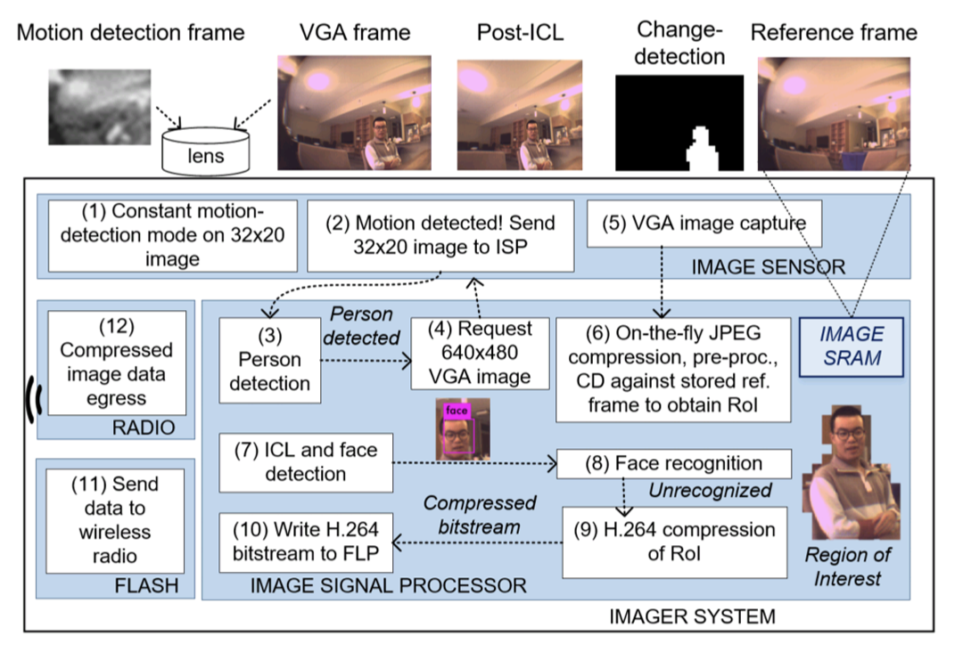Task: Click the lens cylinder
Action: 207,151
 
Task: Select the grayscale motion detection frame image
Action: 100,107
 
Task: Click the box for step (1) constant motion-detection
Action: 172,235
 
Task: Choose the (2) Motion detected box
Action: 440,235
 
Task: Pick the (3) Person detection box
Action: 269,359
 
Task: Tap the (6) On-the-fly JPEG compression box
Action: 672,369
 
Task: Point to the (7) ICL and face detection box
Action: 306,461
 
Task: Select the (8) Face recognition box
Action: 674,463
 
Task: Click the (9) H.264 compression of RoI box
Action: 674,542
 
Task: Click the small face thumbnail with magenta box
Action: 456,430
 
